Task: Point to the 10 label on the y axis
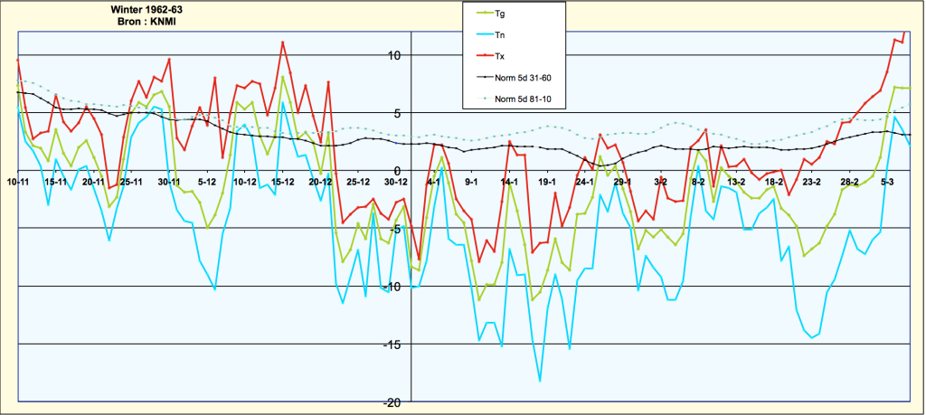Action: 394,55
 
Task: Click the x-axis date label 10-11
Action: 18,182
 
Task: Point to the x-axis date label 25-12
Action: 358,182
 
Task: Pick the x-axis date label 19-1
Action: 547,182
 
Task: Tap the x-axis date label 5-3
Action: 888,182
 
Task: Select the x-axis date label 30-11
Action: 169,182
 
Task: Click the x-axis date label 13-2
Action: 736,182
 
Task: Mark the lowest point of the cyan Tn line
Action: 540,382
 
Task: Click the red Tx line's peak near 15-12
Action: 283,42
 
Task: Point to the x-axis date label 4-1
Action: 434,182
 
